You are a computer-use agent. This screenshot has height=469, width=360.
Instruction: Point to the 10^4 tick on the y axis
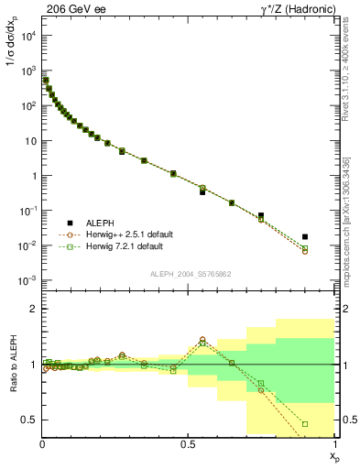pyautogui.click(x=27, y=35)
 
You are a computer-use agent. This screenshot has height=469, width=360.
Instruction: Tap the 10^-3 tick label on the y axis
pyautogui.click(x=27, y=280)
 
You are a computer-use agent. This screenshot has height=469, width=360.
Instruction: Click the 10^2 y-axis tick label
pyautogui.click(x=27, y=105)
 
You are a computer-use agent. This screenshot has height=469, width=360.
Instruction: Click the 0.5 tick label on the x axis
pyautogui.click(x=189, y=444)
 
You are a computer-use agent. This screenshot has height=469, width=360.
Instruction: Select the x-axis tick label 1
pyautogui.click(x=335, y=444)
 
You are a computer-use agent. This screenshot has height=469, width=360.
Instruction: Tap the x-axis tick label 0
pyautogui.click(x=42, y=444)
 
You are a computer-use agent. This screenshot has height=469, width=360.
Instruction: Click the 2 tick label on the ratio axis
pyautogui.click(x=33, y=310)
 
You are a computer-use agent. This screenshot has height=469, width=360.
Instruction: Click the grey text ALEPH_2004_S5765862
pyautogui.click(x=189, y=274)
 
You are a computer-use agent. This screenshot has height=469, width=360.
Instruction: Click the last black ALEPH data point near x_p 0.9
pyautogui.click(x=305, y=236)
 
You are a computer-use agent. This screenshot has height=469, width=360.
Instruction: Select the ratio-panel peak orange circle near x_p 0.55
pyautogui.click(x=202, y=339)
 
